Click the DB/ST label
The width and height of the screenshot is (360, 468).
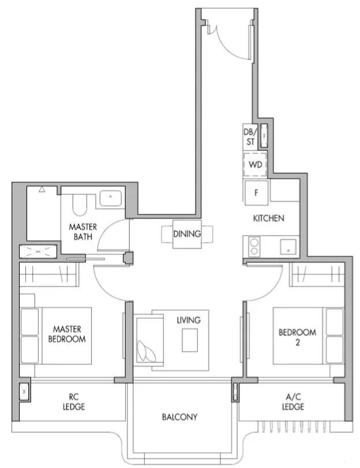pos(250,137)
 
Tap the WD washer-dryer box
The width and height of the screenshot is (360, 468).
pos(255,165)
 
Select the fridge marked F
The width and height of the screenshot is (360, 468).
pos(256,193)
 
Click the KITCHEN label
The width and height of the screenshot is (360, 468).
pos(268,218)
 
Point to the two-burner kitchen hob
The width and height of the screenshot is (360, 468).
pos(254,246)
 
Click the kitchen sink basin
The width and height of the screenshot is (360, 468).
pos(288,247)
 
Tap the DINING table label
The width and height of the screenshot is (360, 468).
pos(187,233)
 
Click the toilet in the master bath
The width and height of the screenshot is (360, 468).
pos(80,205)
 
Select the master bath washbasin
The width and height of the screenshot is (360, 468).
pos(111,198)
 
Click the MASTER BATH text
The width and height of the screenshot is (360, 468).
pos(82,232)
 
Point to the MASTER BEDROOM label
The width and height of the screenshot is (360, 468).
pos(67,334)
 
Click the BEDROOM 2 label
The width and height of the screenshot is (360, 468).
pos(297,337)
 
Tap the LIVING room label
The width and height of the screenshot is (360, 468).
pos(189,320)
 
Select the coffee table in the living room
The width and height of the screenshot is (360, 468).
pos(190,340)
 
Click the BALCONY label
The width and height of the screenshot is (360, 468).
pos(179,417)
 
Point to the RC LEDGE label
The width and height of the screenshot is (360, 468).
pos(74,402)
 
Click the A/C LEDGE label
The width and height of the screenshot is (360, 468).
pos(293,402)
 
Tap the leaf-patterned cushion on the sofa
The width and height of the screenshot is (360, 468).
pos(146,352)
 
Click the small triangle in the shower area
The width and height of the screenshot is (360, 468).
pos(42,189)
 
